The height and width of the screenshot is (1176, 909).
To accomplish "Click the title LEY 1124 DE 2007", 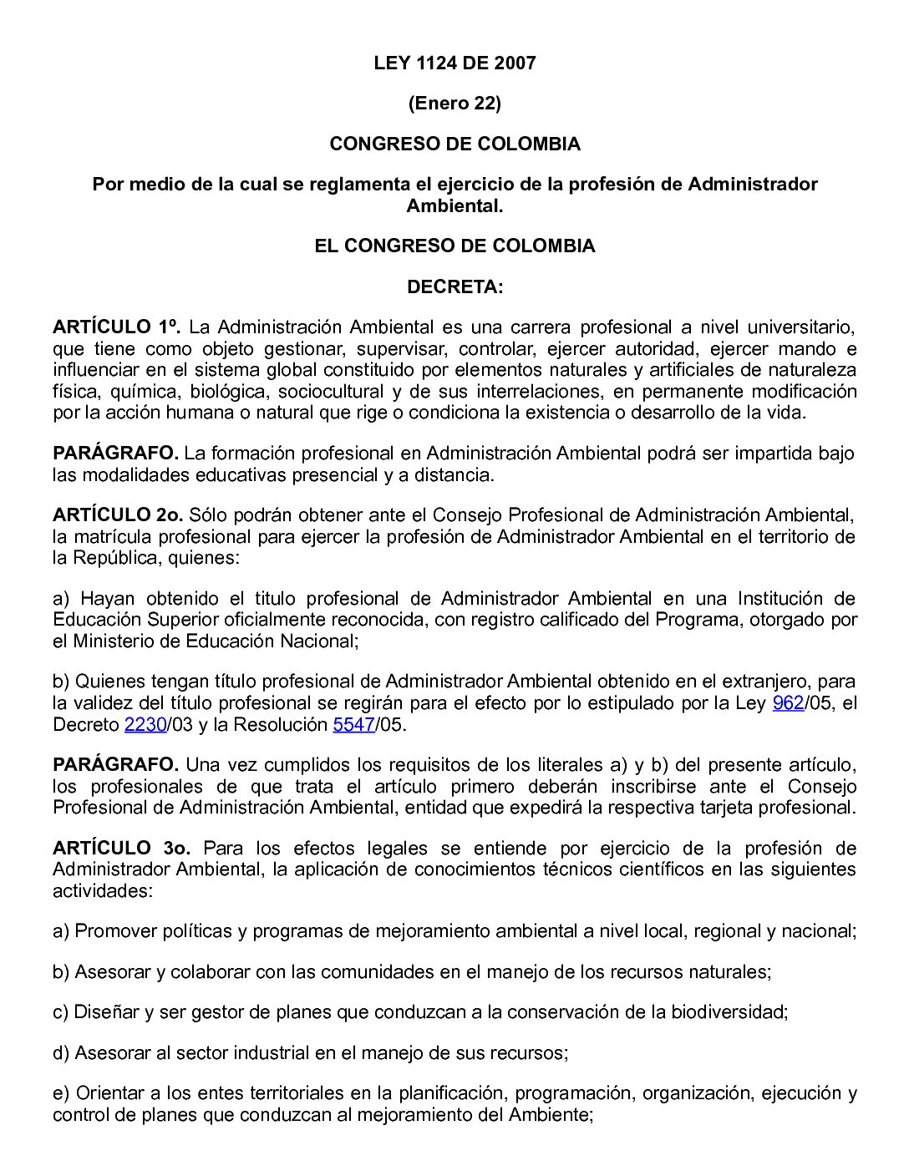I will tap(454, 63).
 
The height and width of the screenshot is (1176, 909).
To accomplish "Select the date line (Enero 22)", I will tap(454, 104).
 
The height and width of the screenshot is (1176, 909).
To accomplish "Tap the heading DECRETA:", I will tap(454, 287).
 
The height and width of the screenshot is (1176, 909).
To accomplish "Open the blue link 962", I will tap(788, 703).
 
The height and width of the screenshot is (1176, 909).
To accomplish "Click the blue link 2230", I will tap(145, 725).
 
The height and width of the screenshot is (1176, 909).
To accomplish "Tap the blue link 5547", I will tap(353, 725).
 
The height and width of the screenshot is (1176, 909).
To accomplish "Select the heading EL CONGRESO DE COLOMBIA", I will tap(454, 246).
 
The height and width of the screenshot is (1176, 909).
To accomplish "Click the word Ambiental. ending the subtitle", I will tap(454, 205).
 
